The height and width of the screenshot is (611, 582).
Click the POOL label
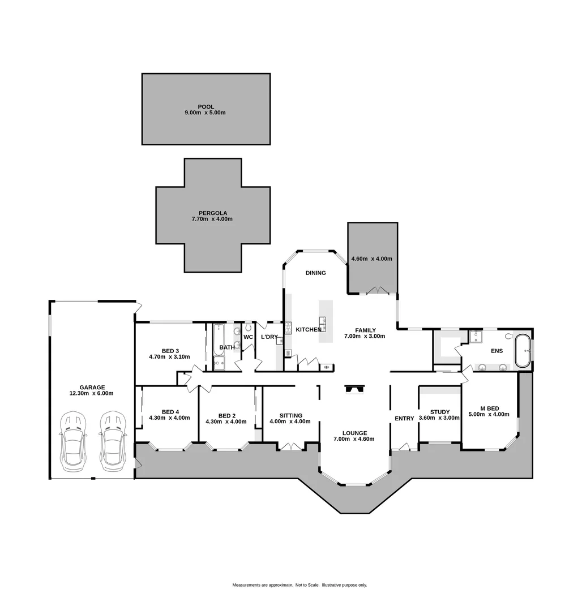point(206,106)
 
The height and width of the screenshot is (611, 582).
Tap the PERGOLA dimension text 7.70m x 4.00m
point(212,219)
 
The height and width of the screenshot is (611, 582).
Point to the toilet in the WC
point(249,328)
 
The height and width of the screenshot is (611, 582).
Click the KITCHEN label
point(309,330)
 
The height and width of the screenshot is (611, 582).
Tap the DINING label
point(315,273)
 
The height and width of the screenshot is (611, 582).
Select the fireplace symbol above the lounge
point(355,389)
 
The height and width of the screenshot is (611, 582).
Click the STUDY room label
point(439,412)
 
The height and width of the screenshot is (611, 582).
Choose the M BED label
point(489,408)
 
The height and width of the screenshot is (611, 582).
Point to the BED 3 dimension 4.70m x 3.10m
point(169,357)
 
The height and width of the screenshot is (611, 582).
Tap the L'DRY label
point(269,337)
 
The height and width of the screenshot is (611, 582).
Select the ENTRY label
point(404,419)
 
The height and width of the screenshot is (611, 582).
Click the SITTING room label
point(290,415)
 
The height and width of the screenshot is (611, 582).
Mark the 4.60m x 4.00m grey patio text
point(371,259)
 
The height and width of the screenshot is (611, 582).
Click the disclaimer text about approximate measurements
point(299,585)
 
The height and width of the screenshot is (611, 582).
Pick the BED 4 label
point(170,412)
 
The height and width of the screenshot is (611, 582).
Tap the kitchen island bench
point(327,321)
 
